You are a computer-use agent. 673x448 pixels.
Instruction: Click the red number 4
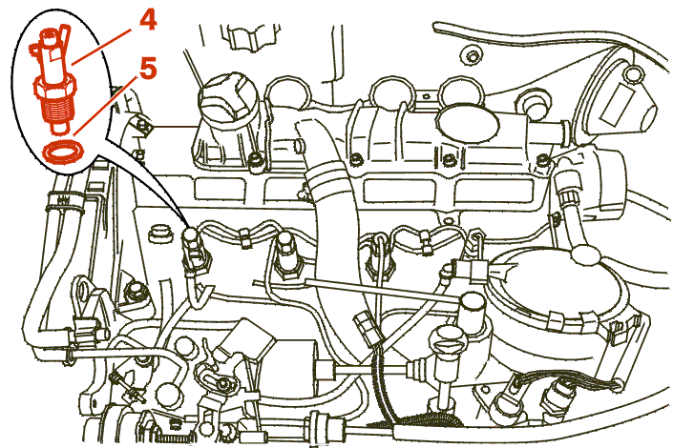tap(146, 20)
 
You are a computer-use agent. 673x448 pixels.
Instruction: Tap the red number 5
tap(147, 69)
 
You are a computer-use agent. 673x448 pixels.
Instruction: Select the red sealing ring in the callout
tap(63, 152)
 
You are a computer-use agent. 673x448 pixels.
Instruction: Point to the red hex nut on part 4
tap(55, 88)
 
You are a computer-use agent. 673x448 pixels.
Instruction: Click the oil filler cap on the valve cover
tap(227, 97)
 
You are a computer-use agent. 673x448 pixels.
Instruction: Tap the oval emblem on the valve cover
tap(469, 121)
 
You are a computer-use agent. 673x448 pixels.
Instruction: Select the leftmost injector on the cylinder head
tap(195, 253)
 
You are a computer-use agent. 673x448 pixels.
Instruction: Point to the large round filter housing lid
tap(557, 286)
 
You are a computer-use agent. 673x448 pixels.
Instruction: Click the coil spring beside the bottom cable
tap(171, 438)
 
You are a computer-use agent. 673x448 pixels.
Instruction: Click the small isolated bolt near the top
tap(472, 55)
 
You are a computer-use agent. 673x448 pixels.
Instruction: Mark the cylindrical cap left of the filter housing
tap(472, 310)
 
